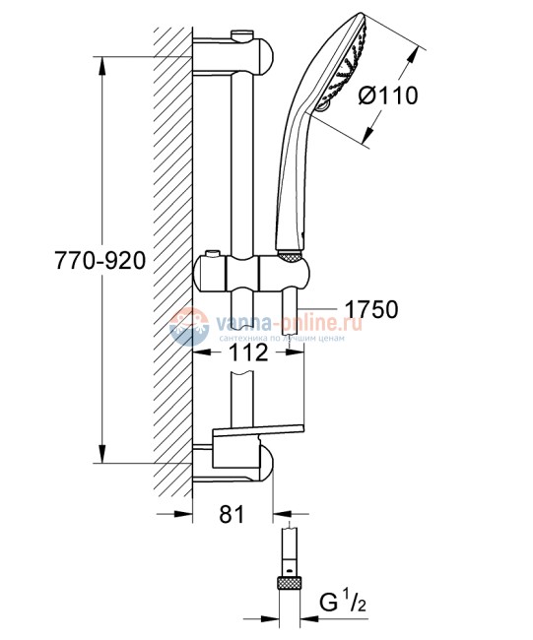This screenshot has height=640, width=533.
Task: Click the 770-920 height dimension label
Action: pyautogui.click(x=102, y=262)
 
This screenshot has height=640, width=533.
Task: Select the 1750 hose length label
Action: pyautogui.click(x=371, y=309)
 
